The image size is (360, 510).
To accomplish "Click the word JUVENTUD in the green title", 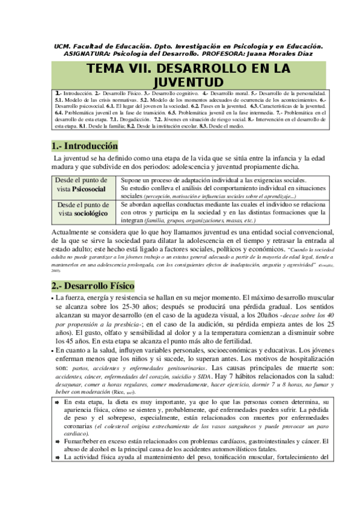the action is coord(180,81).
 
